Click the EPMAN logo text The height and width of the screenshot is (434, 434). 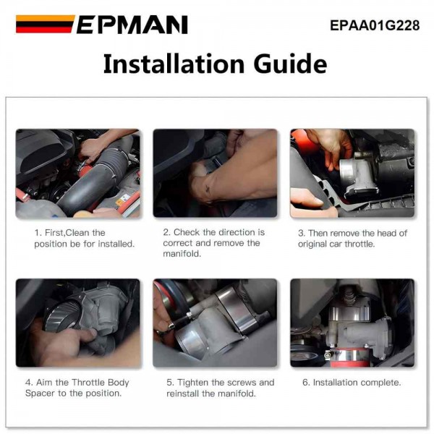click(x=132, y=25)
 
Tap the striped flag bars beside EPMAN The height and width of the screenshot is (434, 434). click(x=45, y=25)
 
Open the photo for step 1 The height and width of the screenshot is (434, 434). click(x=78, y=174)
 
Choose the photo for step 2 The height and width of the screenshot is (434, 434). click(x=215, y=174)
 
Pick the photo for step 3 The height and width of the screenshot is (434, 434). click(x=352, y=174)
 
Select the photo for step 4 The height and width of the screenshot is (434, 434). click(x=78, y=323)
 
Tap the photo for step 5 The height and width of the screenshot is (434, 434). click(x=215, y=323)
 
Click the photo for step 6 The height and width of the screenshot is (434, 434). click(x=352, y=323)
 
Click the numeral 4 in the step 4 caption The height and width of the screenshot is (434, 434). click(x=37, y=382)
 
